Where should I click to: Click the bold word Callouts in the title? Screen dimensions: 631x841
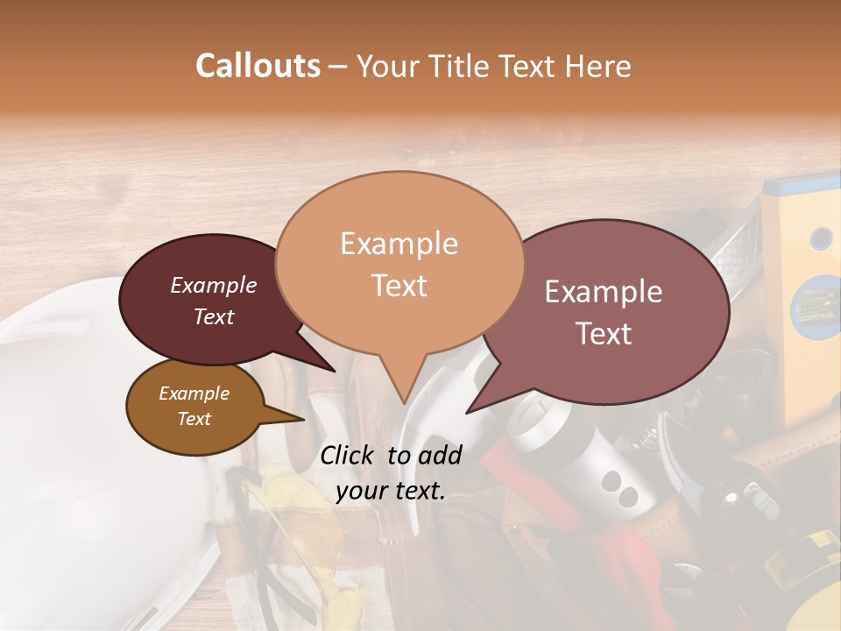tap(258, 66)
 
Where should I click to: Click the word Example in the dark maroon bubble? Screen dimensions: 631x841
tap(213, 285)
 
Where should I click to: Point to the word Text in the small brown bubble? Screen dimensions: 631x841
tap(194, 419)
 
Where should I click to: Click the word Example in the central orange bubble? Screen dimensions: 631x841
tap(399, 244)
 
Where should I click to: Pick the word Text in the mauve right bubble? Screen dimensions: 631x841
tap(604, 334)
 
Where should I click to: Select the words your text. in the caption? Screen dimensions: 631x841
tap(390, 491)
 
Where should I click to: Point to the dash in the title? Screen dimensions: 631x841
tap(338, 66)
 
